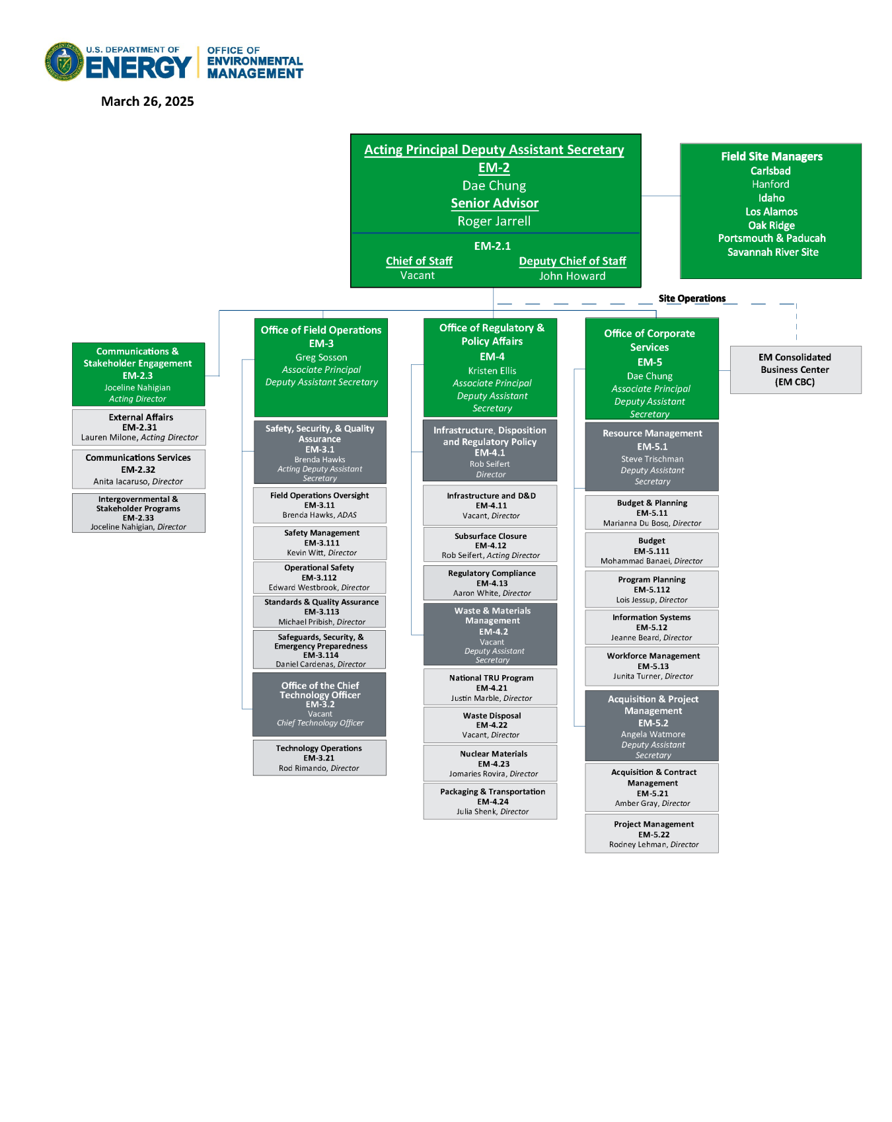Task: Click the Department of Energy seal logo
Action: (x=64, y=62)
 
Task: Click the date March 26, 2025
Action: (x=147, y=101)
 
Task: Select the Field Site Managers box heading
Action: (x=771, y=157)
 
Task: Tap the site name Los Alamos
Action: (x=771, y=212)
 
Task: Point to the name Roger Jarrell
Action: (x=494, y=221)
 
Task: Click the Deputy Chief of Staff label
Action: (x=572, y=261)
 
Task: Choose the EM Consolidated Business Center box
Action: (x=795, y=370)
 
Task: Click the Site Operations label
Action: (x=692, y=298)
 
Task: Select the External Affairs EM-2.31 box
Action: (x=139, y=427)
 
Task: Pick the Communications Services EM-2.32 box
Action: (x=139, y=469)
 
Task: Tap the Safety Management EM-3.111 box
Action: (x=320, y=543)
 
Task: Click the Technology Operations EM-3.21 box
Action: (x=319, y=758)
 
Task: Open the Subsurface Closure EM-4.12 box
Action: (x=490, y=545)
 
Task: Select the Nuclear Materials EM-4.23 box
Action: (x=490, y=764)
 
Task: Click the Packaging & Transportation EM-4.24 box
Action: (x=490, y=801)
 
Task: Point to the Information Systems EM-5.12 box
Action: (x=651, y=627)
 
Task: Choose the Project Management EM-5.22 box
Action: (x=651, y=834)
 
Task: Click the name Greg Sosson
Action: (x=321, y=357)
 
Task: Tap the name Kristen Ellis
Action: (x=492, y=370)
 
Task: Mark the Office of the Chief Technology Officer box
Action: (x=320, y=704)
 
